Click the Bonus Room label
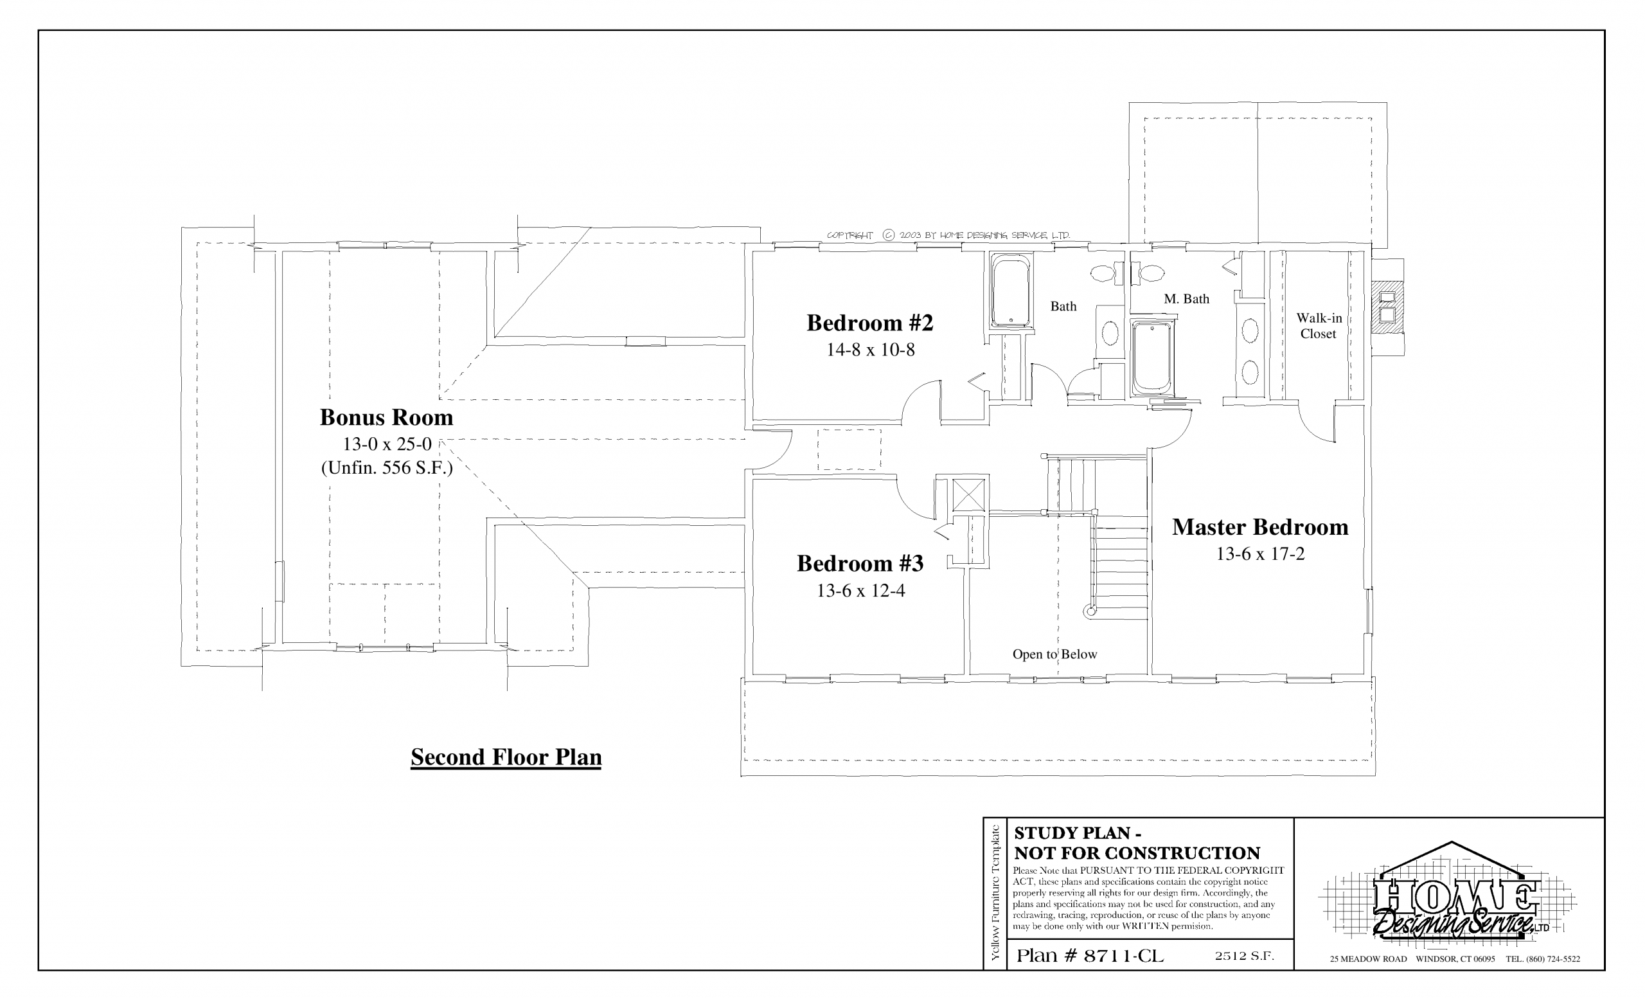click(x=387, y=417)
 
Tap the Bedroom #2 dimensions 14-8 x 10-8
click(x=871, y=350)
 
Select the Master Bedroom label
click(x=1260, y=527)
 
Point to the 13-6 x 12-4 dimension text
click(x=860, y=590)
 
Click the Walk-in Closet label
click(x=1319, y=326)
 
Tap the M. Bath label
click(x=1186, y=299)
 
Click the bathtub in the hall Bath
click(x=1011, y=293)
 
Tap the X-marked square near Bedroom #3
click(x=969, y=494)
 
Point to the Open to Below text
click(x=1055, y=654)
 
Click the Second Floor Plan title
click(x=506, y=757)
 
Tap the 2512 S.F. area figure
click(x=1245, y=955)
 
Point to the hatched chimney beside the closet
click(x=1387, y=307)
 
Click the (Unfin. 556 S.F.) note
click(x=387, y=468)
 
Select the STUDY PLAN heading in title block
click(x=1077, y=833)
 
